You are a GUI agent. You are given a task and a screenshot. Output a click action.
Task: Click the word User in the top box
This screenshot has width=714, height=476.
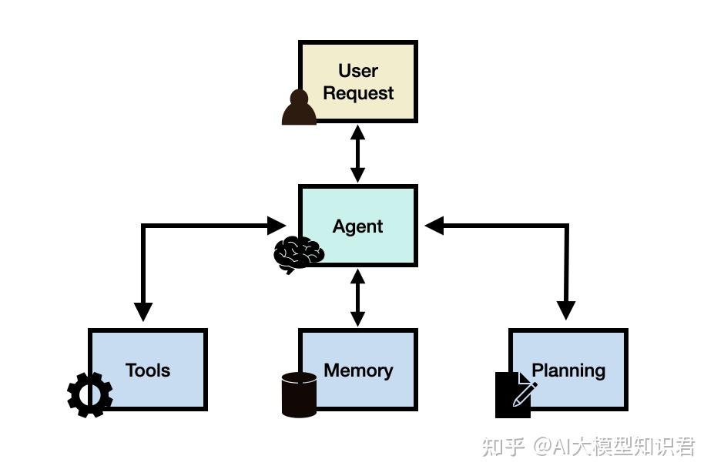pyautogui.click(x=358, y=71)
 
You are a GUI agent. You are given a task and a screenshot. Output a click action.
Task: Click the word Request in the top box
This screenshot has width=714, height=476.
pyautogui.click(x=358, y=93)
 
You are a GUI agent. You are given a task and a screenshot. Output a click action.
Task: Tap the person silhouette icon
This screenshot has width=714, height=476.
pyautogui.click(x=299, y=108)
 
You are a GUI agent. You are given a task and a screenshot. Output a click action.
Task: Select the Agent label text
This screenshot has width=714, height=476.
pyautogui.click(x=358, y=226)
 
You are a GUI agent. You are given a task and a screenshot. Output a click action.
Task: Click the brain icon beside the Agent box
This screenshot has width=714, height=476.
pyautogui.click(x=298, y=253)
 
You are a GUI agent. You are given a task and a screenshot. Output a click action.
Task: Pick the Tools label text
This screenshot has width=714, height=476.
pyautogui.click(x=148, y=370)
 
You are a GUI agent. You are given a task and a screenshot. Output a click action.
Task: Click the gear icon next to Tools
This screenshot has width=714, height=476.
pyautogui.click(x=90, y=394)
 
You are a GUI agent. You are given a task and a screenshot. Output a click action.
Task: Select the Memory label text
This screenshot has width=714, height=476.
pyautogui.click(x=358, y=370)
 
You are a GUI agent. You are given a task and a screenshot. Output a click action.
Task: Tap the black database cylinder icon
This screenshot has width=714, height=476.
pyautogui.click(x=299, y=394)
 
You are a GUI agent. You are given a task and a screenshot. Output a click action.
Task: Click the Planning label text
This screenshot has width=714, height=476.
pyautogui.click(x=568, y=370)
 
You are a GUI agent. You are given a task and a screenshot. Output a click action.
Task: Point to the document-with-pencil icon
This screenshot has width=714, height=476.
pyautogui.click(x=515, y=394)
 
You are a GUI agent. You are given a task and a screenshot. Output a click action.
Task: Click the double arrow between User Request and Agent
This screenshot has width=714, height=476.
pyautogui.click(x=358, y=154)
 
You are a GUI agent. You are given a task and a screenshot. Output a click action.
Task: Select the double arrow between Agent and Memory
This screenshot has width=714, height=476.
pyautogui.click(x=358, y=298)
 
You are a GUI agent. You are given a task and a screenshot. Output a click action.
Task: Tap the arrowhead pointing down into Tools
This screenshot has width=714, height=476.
pyautogui.click(x=143, y=311)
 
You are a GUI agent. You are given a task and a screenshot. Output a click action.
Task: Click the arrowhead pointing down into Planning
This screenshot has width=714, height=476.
pyautogui.click(x=566, y=310)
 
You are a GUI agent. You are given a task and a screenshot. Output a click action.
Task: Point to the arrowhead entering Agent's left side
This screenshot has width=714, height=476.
pyautogui.click(x=277, y=226)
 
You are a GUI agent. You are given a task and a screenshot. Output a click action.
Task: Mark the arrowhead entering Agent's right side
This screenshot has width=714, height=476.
pyautogui.click(x=434, y=226)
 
